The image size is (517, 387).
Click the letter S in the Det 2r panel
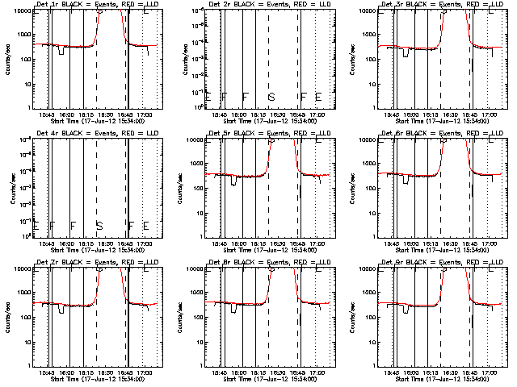271,97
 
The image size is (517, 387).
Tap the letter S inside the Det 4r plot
99,225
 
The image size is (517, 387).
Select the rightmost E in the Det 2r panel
318,97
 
